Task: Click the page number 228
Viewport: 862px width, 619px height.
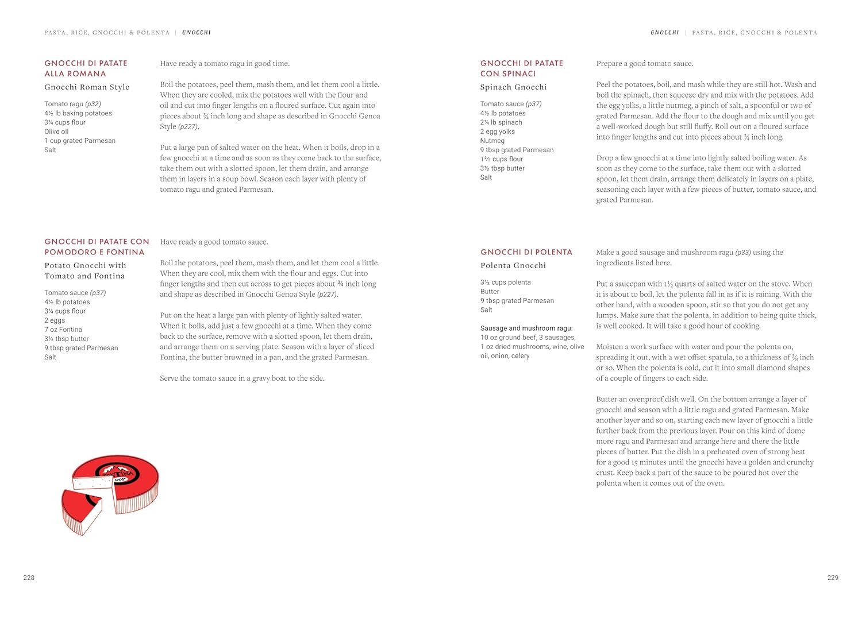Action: pyautogui.click(x=29, y=578)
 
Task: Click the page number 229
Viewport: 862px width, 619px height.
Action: pyautogui.click(x=833, y=578)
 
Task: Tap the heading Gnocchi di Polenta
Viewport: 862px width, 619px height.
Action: pyautogui.click(x=526, y=252)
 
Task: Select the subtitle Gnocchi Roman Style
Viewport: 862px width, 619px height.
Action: pyautogui.click(x=87, y=87)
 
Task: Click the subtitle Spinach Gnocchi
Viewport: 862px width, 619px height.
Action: pyautogui.click(x=513, y=87)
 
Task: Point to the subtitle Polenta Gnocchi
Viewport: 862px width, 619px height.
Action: pyautogui.click(x=513, y=266)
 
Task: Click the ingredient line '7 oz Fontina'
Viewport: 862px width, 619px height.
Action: pyautogui.click(x=63, y=330)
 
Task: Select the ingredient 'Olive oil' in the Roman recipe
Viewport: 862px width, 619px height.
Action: pyautogui.click(x=56, y=131)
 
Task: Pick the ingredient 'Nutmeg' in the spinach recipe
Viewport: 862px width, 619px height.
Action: pyautogui.click(x=492, y=141)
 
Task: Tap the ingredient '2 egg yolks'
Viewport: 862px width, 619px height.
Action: pyautogui.click(x=498, y=131)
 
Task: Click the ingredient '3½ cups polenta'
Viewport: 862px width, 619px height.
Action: pyautogui.click(x=506, y=283)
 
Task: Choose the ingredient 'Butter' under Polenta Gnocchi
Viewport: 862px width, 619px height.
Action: pyautogui.click(x=490, y=292)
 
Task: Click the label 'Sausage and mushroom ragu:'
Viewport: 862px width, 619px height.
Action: pyautogui.click(x=526, y=328)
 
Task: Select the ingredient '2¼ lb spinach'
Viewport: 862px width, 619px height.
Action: pyautogui.click(x=501, y=122)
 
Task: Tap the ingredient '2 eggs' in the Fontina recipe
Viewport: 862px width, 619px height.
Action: pyautogui.click(x=55, y=320)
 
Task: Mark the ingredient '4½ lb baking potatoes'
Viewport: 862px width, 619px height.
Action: pyautogui.click(x=78, y=113)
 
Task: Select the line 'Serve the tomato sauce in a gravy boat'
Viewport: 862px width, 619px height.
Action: pyautogui.click(x=242, y=378)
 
